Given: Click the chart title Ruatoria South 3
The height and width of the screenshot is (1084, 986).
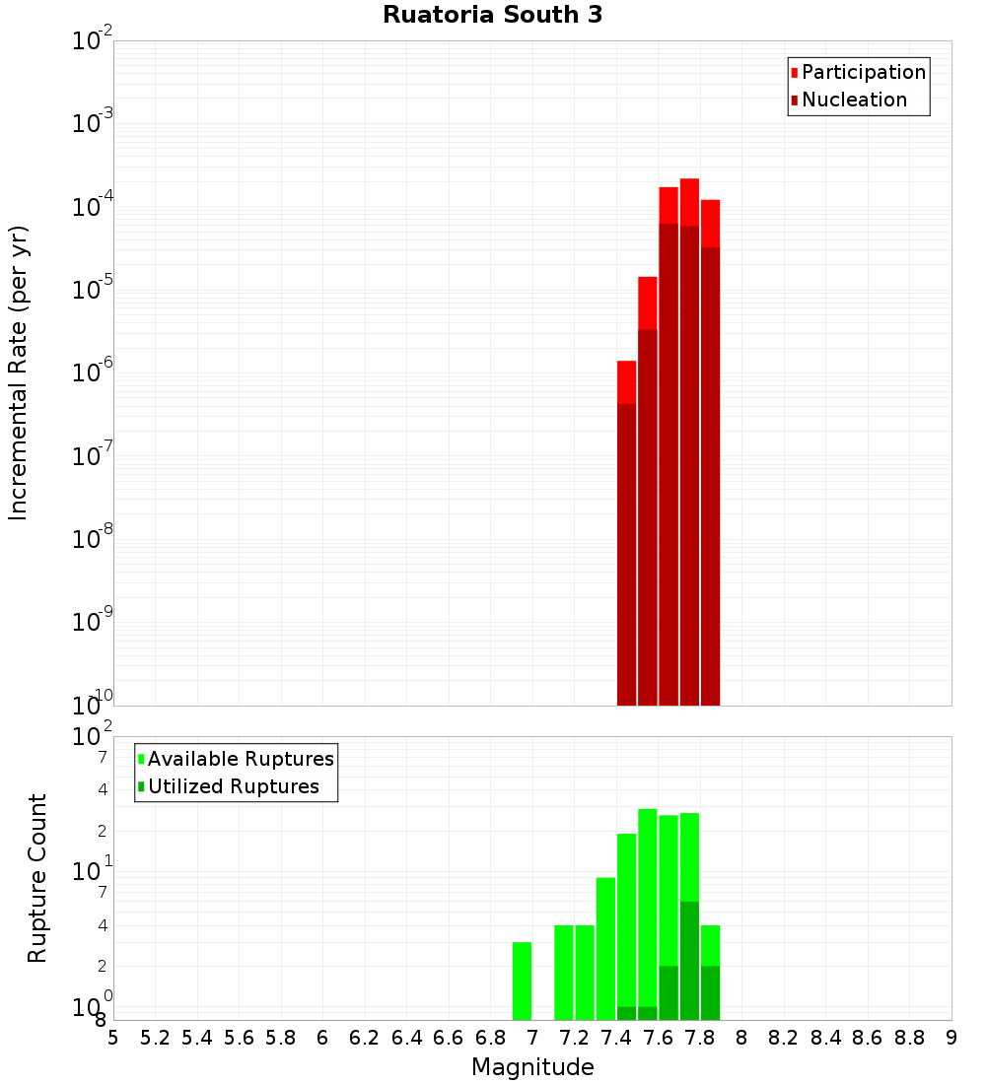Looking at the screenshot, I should [x=492, y=16].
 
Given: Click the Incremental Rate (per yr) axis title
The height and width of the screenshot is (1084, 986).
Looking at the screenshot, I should [x=18, y=373].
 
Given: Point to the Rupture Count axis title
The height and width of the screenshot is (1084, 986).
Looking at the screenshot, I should [x=37, y=878].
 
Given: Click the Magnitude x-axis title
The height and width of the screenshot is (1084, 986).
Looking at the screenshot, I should [x=532, y=1067].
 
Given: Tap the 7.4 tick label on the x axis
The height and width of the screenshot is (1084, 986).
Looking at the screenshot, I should [x=616, y=1038].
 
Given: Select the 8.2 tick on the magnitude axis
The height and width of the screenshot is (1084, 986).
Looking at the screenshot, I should [x=784, y=1038].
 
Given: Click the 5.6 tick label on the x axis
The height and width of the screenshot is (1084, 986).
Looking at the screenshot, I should [x=240, y=1038].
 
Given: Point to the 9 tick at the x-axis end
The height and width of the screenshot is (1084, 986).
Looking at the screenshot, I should [x=951, y=1038].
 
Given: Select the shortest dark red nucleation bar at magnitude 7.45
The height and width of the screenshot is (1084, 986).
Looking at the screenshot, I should [x=626, y=552].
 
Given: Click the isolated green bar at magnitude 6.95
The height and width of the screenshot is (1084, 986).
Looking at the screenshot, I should [x=522, y=981].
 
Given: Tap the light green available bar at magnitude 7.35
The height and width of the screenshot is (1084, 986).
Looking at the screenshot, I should [x=605, y=946].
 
